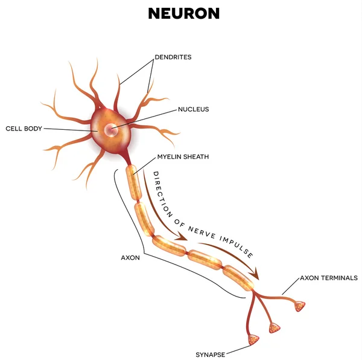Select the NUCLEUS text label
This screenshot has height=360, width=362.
tap(193, 109)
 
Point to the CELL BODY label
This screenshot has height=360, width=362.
tap(24, 129)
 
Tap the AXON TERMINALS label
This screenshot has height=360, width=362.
tap(329, 278)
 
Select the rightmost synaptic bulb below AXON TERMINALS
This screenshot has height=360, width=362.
tap(300, 307)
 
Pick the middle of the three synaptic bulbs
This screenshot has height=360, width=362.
tap(276, 328)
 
